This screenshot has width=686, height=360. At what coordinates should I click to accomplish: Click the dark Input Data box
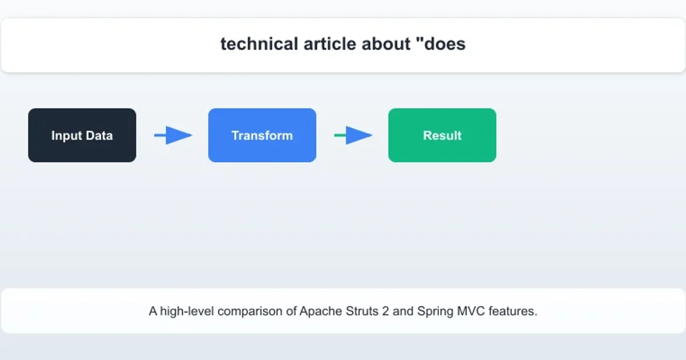[x=82, y=135]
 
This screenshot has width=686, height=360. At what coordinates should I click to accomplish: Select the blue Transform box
[x=262, y=135]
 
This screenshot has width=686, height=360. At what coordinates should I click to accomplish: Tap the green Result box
[x=442, y=135]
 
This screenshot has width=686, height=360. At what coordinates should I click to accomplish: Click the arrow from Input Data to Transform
[x=173, y=135]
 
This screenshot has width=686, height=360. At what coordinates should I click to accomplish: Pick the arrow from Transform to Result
[x=353, y=135]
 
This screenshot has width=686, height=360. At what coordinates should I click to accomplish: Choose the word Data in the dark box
[x=99, y=136]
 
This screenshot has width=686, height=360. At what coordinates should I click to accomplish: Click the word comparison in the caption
[x=249, y=311]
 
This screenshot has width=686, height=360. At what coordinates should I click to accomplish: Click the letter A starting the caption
[x=153, y=311]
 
